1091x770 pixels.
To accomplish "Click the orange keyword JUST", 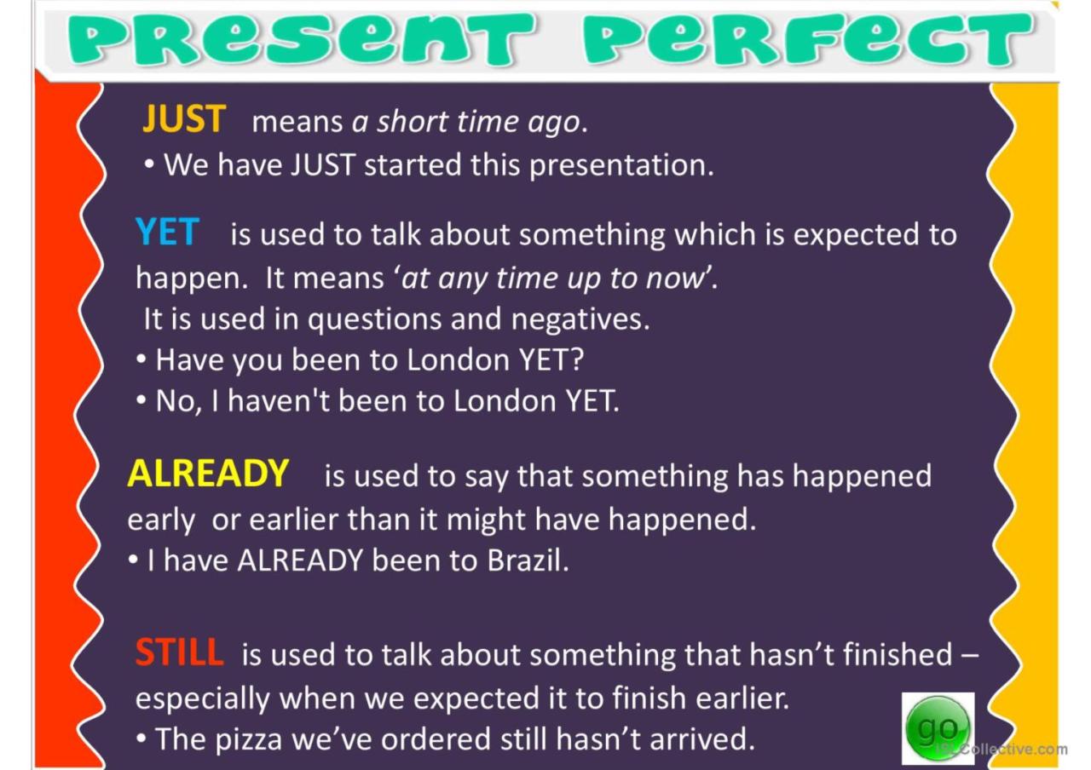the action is click(183, 118).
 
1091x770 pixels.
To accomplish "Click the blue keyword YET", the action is click(167, 232).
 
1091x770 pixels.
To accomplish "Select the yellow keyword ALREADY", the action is click(208, 473).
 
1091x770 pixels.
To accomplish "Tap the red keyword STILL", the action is click(179, 652).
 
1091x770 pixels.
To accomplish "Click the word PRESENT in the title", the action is click(301, 39).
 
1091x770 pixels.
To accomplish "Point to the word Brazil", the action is click(528, 560).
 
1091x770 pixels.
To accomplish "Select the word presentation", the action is click(621, 166).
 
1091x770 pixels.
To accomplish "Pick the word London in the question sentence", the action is click(459, 360).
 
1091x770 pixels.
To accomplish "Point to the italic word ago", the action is click(557, 123).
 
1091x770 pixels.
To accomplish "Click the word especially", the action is click(203, 699).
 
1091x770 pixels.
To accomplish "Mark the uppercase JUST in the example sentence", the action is click(323, 164).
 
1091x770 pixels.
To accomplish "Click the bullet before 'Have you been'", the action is click(141, 359).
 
